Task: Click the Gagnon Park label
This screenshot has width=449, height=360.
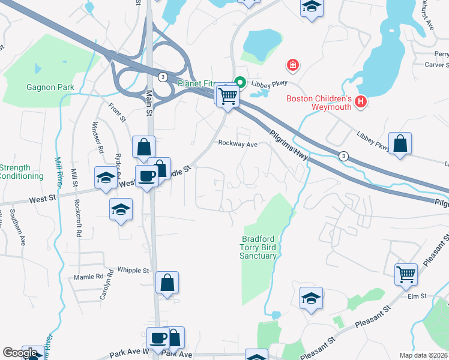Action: (50, 88)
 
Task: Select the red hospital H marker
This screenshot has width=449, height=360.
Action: (360, 102)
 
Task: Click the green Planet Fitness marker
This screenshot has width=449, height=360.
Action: (240, 83)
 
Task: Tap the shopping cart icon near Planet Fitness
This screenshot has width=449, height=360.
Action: (228, 95)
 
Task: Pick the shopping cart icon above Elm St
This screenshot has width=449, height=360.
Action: (406, 275)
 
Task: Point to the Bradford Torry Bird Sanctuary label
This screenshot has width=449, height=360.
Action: (259, 247)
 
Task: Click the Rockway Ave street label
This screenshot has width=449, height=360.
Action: (238, 144)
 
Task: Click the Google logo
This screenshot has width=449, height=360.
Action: (20, 353)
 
